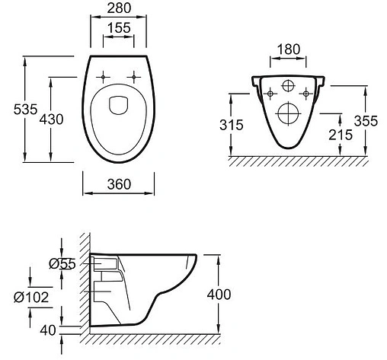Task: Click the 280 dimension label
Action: [x=119, y=8]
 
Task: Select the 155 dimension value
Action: [x=119, y=27]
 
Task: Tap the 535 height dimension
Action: [x=25, y=110]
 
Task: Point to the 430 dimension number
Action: [x=51, y=119]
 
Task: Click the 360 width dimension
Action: [x=119, y=184]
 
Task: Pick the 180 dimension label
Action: [x=289, y=49]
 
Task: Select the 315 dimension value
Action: [x=232, y=125]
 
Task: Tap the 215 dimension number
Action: [x=341, y=135]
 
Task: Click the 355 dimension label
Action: [x=366, y=121]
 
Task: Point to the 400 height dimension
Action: [x=219, y=295]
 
